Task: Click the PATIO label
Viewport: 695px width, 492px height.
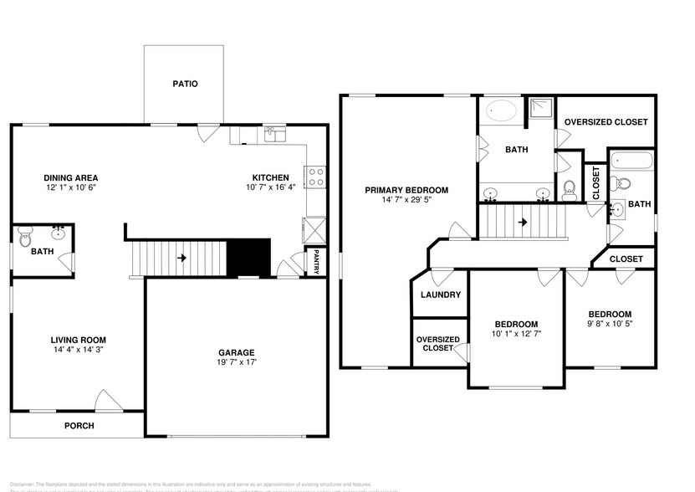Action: (x=185, y=84)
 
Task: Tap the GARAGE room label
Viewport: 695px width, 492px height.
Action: (x=237, y=352)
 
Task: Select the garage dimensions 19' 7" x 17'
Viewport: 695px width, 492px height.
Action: (x=237, y=363)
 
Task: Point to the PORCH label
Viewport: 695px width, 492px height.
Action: (x=79, y=426)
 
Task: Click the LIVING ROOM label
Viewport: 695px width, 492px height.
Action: (x=79, y=340)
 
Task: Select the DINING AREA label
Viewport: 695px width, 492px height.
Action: (x=71, y=177)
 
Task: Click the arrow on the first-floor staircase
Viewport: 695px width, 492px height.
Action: (x=181, y=258)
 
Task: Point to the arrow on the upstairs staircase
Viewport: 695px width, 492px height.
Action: (x=522, y=223)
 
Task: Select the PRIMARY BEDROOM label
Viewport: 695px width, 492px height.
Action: (x=406, y=190)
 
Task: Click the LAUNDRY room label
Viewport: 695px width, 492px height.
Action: (x=440, y=295)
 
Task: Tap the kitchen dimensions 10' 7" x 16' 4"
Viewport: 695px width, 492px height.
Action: (x=271, y=188)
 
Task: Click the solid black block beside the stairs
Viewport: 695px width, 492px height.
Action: (x=249, y=257)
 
